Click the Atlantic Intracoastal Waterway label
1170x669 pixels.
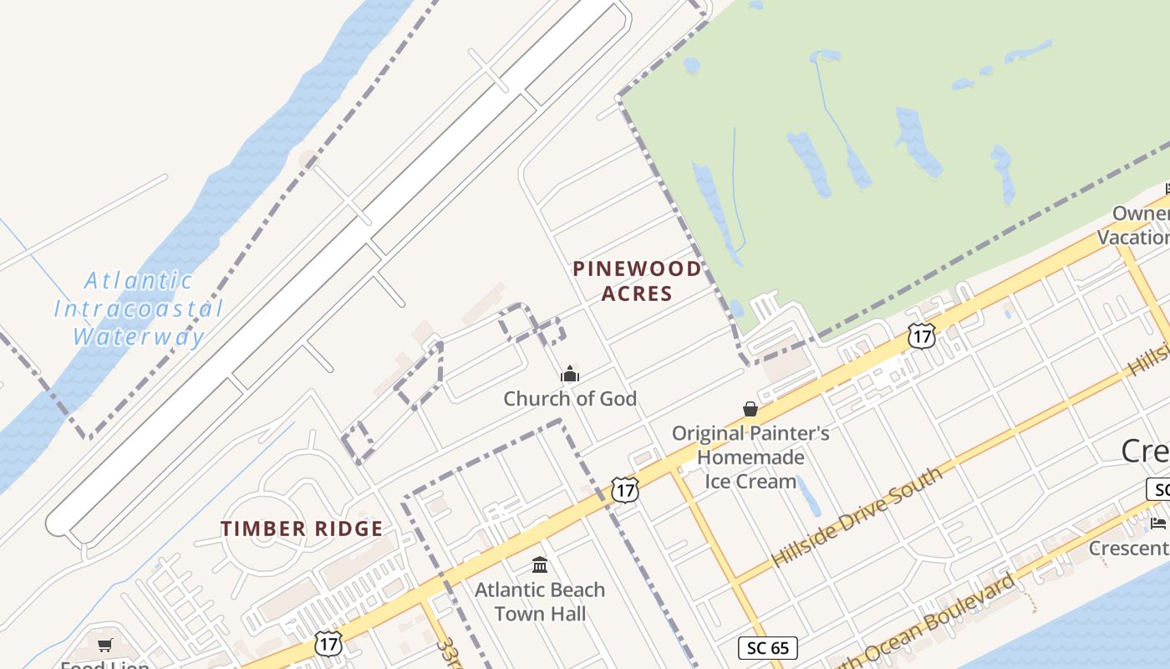point(139,309)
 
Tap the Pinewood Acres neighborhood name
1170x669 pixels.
point(637,281)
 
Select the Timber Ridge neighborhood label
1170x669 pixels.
point(302,529)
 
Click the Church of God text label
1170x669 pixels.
point(570,399)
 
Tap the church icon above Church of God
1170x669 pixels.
point(570,374)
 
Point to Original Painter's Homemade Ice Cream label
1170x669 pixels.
point(750,457)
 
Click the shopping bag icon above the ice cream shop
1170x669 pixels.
point(750,409)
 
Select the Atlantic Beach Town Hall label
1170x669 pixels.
point(540,601)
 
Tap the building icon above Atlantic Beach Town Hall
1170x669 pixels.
point(540,565)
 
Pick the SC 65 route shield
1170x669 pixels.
point(768,647)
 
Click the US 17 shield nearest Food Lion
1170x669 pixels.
point(328,643)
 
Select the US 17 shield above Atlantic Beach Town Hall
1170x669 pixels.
point(624,489)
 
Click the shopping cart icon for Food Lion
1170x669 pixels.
point(105,645)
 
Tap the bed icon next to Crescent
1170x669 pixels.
point(1158,523)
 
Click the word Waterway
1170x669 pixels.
point(139,337)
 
